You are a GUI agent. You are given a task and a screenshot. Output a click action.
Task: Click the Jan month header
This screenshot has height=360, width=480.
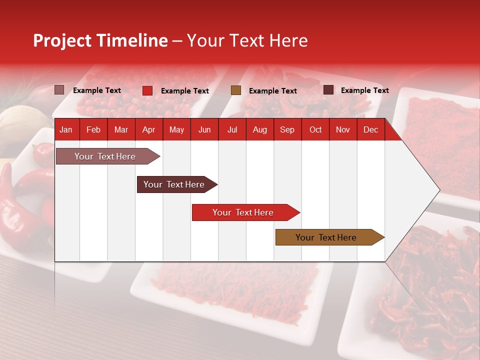click(66, 129)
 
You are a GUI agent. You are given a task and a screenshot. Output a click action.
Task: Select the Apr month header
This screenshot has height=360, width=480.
click(148, 129)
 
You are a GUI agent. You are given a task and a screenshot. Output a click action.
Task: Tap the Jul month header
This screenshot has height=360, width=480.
click(232, 129)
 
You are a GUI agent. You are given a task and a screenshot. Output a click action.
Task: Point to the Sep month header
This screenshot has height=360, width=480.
click(287, 129)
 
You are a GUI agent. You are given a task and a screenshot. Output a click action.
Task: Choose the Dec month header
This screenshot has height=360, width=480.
click(370, 129)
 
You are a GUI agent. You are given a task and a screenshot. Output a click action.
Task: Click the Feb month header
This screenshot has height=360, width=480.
click(93, 129)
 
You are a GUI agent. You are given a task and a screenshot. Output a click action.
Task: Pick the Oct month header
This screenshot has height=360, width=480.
click(315, 129)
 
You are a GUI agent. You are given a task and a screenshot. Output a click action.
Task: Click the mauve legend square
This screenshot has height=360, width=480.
click(59, 90)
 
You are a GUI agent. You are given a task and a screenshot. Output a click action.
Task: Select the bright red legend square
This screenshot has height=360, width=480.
click(147, 90)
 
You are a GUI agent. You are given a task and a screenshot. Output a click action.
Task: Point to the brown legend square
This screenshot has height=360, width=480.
click(236, 90)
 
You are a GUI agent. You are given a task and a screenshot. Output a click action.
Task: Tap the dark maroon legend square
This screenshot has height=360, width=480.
click(328, 90)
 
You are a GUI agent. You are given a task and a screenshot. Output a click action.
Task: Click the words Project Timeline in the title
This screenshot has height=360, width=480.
click(100, 40)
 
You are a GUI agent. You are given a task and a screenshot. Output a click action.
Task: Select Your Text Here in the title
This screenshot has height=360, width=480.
click(247, 40)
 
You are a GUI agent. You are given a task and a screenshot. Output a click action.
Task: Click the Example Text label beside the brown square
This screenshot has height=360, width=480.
click(272, 91)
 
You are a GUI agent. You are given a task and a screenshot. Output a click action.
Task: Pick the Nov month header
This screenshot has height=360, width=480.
click(343, 129)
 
